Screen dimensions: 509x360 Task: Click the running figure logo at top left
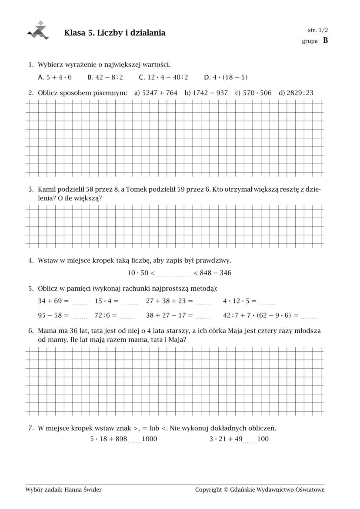38,30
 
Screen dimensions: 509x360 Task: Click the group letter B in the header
325,41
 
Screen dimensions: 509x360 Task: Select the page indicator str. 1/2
317,30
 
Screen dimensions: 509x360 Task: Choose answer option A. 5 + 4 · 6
55,77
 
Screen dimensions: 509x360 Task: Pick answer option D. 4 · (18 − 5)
226,77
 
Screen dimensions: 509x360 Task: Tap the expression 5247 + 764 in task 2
160,93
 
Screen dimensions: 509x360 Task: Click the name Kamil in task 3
47,190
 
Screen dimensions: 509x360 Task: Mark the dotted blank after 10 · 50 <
174,274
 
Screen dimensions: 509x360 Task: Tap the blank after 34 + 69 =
80,303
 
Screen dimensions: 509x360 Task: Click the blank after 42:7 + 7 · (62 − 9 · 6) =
309,317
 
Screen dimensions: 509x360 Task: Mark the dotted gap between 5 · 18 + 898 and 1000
135,441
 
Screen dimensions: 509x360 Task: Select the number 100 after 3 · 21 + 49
263,439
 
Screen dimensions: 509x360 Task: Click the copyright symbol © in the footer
226,490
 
